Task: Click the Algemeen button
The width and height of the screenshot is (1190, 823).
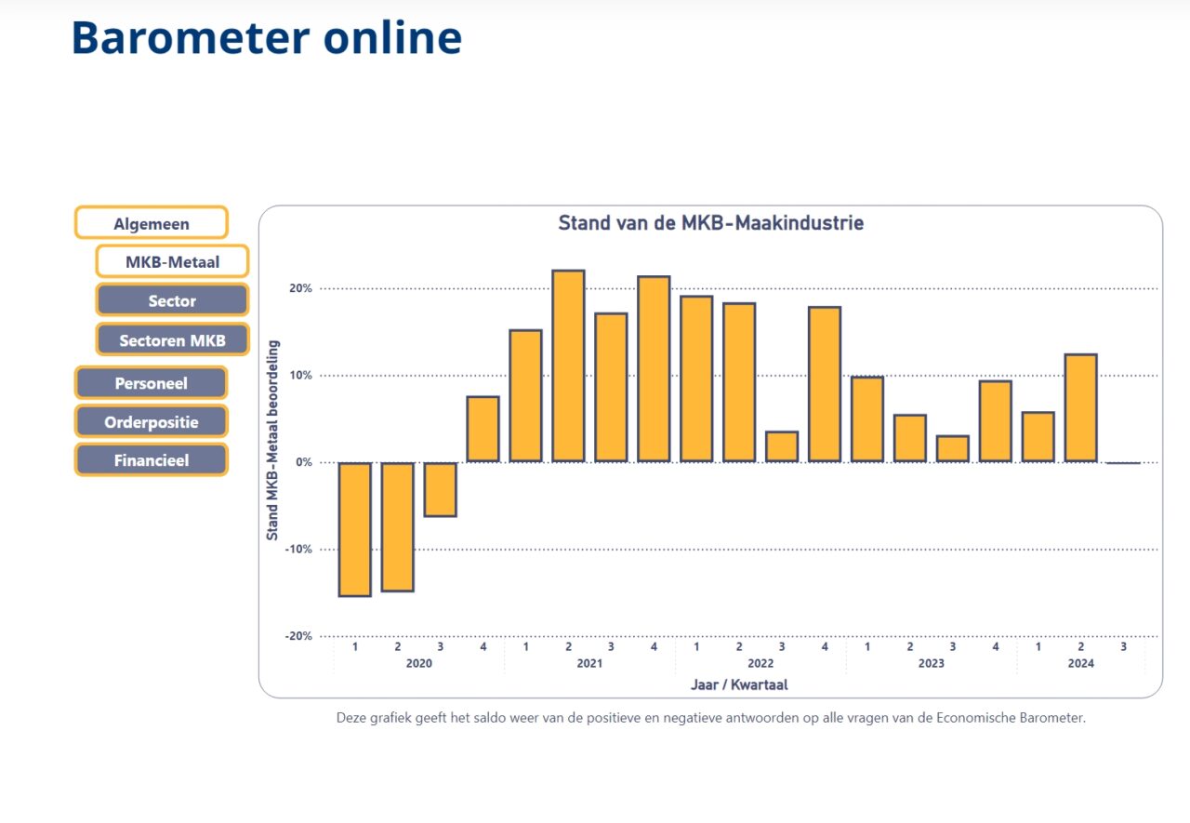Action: click(x=152, y=222)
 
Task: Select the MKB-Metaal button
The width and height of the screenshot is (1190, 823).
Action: click(x=172, y=261)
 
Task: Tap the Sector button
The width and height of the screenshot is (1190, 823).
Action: click(x=172, y=300)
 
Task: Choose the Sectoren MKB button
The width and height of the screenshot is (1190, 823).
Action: click(x=172, y=339)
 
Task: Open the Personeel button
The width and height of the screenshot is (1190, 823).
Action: click(x=152, y=382)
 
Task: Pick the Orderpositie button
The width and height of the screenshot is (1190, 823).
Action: click(x=152, y=421)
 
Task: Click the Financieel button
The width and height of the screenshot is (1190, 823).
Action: click(x=152, y=459)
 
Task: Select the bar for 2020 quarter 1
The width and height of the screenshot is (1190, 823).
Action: click(x=355, y=529)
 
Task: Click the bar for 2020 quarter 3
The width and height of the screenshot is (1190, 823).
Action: click(x=441, y=489)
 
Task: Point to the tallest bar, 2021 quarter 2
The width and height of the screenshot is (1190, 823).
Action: click(x=568, y=366)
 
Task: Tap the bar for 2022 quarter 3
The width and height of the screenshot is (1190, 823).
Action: click(x=782, y=446)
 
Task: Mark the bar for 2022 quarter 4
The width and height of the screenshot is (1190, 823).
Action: click(x=825, y=385)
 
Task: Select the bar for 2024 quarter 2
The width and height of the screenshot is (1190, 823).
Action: click(x=1081, y=408)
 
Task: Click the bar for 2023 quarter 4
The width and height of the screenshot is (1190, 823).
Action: click(x=996, y=421)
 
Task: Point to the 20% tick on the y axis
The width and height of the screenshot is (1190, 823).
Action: click(x=300, y=288)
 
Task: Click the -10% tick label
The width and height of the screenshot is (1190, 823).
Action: click(x=298, y=550)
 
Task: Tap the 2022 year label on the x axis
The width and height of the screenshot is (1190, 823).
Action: click(x=760, y=663)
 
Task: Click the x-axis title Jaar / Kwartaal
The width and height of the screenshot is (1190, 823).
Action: click(x=739, y=684)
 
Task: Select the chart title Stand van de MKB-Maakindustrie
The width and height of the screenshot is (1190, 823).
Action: click(x=711, y=222)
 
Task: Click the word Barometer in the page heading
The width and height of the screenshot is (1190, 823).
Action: click(x=191, y=38)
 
